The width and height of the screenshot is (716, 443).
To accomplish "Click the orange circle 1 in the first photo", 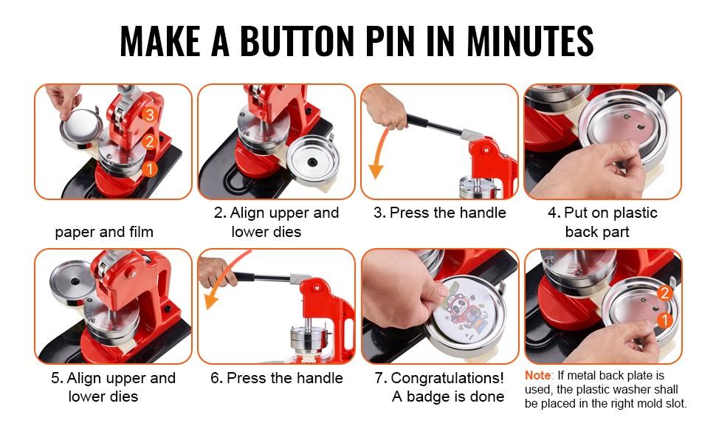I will point(150,169).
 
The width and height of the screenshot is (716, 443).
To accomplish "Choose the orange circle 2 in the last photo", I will point(664,293).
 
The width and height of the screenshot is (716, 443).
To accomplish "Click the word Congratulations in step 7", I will point(447,378).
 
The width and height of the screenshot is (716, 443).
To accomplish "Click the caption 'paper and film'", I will point(104,232).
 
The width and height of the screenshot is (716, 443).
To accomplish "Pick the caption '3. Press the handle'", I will point(439,213).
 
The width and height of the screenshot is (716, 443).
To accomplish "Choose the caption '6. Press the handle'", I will point(277,378).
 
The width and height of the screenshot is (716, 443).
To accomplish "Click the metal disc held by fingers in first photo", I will point(80,133).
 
